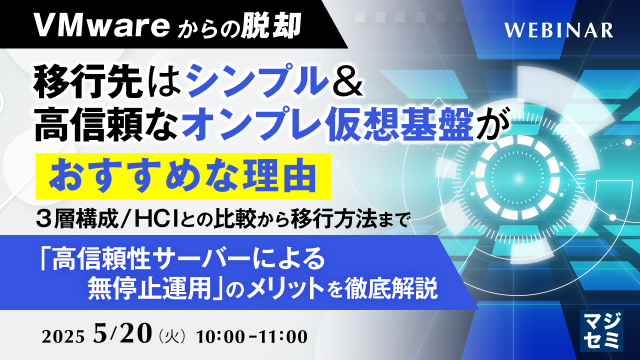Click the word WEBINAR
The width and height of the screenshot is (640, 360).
558,30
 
